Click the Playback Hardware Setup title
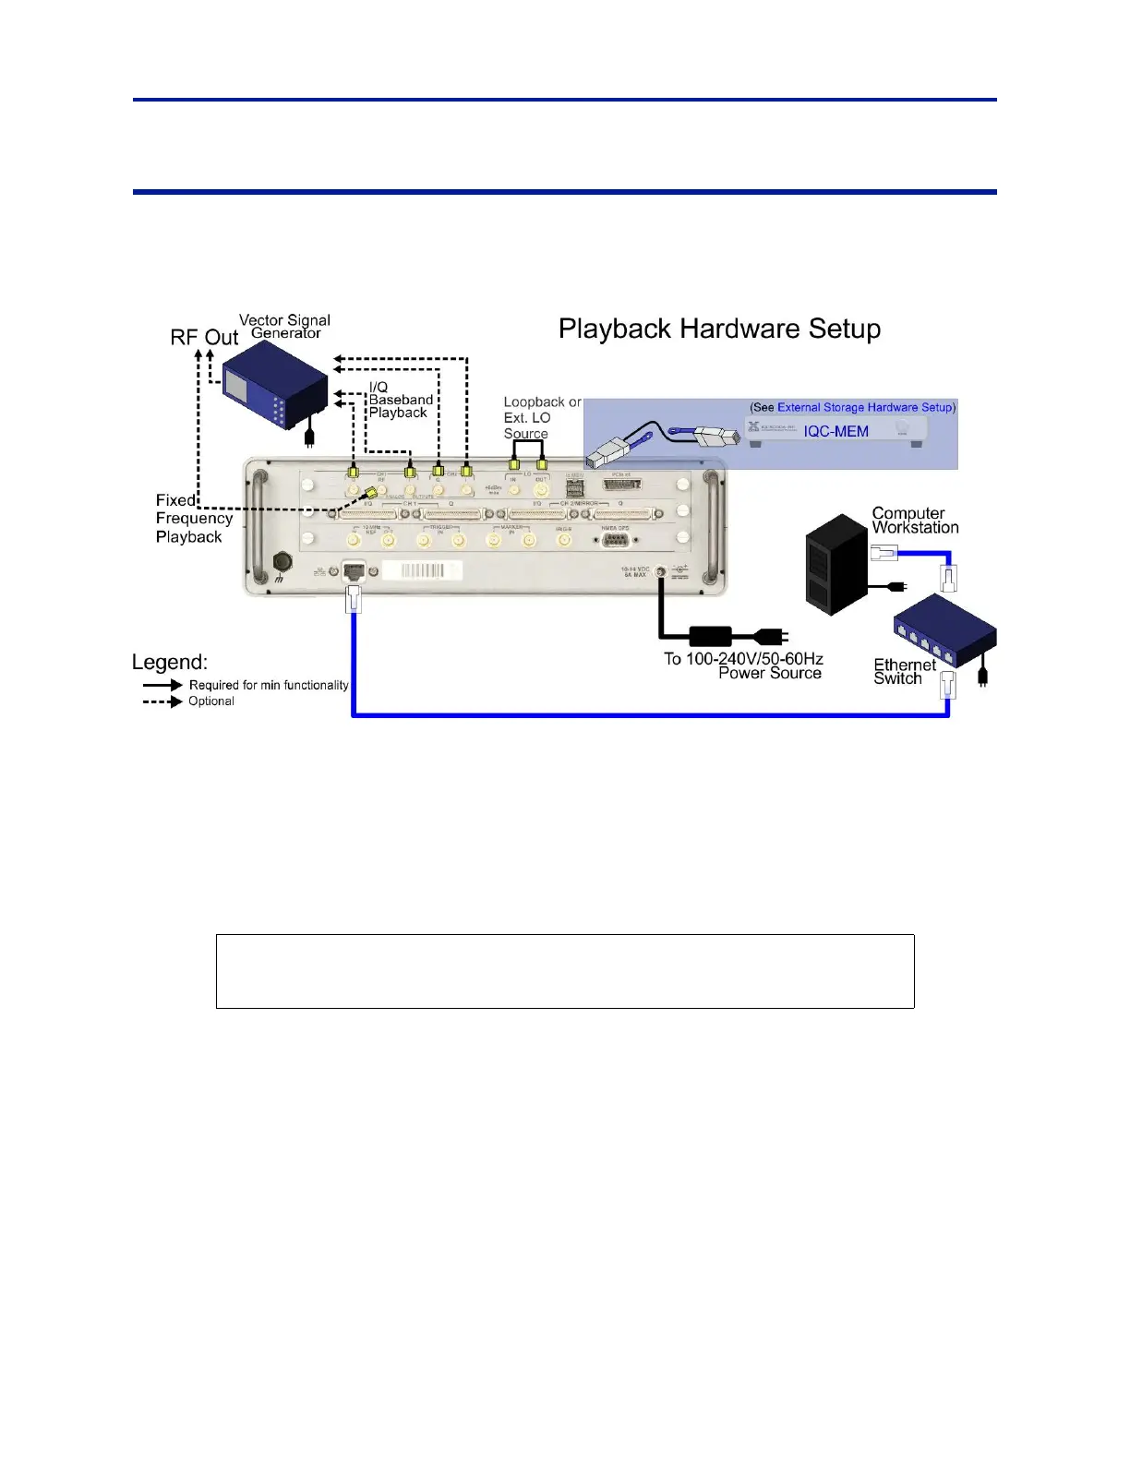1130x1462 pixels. (719, 330)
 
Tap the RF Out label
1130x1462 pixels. (204, 338)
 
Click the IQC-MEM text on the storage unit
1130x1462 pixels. (835, 431)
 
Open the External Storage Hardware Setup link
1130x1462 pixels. (864, 407)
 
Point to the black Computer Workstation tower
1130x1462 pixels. (836, 564)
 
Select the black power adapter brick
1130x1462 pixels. (711, 636)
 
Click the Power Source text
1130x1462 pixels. (769, 674)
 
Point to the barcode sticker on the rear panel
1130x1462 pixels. (422, 570)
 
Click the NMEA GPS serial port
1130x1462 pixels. (615, 541)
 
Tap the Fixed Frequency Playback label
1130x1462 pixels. (192, 519)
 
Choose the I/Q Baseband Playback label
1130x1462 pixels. (400, 400)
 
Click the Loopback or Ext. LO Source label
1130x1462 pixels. (541, 417)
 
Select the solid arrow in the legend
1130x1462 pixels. (162, 685)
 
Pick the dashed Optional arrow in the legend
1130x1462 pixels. (162, 701)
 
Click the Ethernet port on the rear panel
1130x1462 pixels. (354, 571)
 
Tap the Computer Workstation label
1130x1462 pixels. (914, 521)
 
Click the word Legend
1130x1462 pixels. (170, 662)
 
